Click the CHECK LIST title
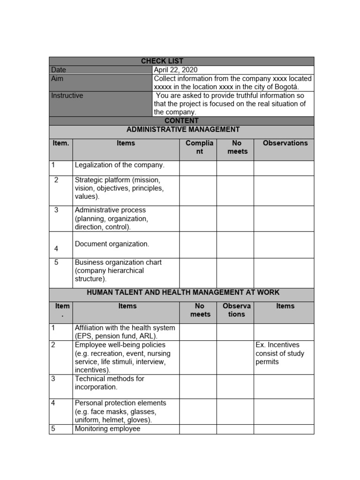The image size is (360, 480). pos(162,61)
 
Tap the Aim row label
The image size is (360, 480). pos(57,79)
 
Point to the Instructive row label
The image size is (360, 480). pos(67,96)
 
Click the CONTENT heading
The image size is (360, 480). pos(181,121)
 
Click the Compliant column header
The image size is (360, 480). pos(200,147)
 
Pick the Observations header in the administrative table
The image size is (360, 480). pos(285,143)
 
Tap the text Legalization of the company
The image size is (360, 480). pos(120,165)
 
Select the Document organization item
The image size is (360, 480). pos(112,244)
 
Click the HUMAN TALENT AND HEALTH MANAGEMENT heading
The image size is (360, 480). pos(183,292)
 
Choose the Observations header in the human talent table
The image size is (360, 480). pos(237,310)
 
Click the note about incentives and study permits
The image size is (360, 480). pos(280,353)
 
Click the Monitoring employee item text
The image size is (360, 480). pos(107,429)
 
